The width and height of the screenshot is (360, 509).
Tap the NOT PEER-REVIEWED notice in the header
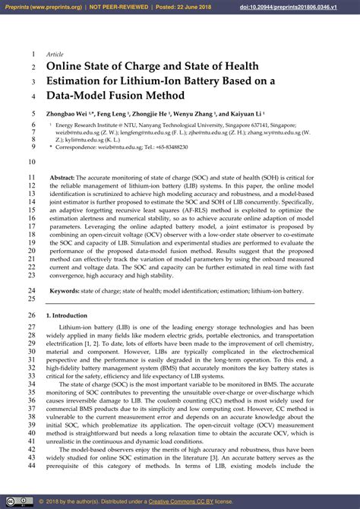(125, 6)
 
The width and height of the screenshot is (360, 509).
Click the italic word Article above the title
(55, 55)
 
